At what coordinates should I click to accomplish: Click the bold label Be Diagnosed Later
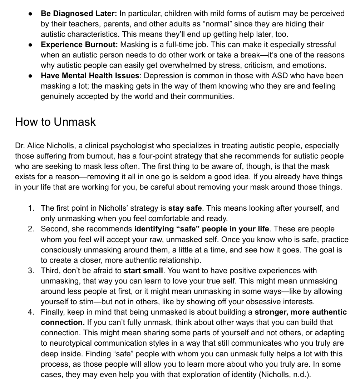coord(79,14)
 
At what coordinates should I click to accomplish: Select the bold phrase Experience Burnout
coord(79,45)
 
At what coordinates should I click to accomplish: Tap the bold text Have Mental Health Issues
coord(90,76)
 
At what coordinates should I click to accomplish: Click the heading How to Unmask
coord(55,122)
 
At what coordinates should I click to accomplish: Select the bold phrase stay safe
coord(185,208)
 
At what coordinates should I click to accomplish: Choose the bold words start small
coord(143,270)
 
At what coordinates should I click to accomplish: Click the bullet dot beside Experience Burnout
coord(31,45)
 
